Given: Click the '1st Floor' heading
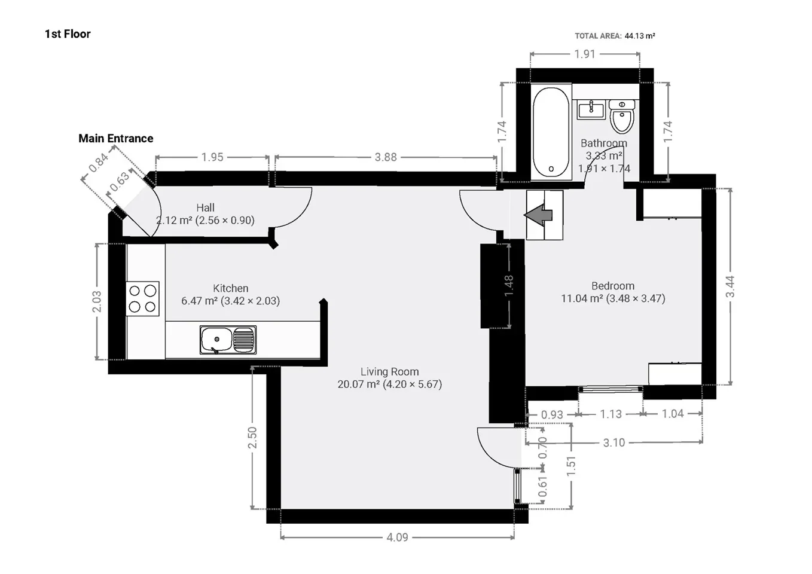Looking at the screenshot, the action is point(68,34).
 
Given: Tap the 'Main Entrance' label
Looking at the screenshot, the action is point(116,139).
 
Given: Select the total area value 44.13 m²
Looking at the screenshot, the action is point(640,36).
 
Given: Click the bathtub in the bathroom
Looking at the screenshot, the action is point(551,132).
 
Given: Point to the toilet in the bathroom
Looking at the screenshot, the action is point(622,117).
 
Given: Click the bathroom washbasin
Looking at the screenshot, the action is point(591,109).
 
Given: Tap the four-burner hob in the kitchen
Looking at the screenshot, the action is point(142,298).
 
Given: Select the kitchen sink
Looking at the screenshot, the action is point(228,340).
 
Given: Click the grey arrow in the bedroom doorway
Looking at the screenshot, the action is point(538,215).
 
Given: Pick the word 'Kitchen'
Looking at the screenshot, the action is point(231,288).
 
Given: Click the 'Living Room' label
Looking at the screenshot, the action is point(390,372).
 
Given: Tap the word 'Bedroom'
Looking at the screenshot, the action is point(613,286).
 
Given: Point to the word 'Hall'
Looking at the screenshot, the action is point(205,207).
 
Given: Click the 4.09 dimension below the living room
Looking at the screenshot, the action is point(397,537).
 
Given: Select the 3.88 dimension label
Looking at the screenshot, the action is point(386,157).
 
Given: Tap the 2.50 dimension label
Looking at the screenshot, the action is point(252,438).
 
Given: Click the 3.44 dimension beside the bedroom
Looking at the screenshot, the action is point(730,286).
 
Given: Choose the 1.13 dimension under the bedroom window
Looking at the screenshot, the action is point(611,414).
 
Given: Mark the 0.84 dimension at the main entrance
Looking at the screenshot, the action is point(99,163).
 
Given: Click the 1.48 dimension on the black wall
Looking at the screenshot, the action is point(509,285).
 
